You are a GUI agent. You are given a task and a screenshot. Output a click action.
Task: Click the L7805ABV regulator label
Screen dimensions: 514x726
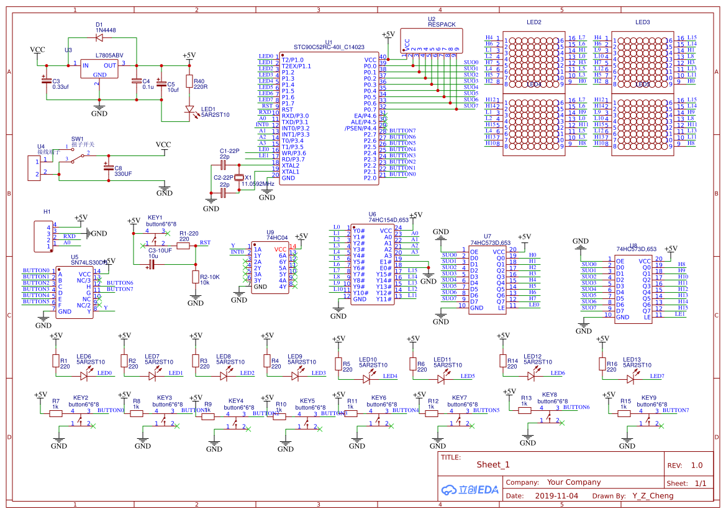pos(109,55)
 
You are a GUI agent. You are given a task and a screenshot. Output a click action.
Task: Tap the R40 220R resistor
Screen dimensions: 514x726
pos(190,83)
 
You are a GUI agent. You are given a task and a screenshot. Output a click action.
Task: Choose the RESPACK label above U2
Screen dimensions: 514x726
pos(442,25)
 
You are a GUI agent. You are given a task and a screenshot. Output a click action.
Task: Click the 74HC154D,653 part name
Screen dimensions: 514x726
pos(388,219)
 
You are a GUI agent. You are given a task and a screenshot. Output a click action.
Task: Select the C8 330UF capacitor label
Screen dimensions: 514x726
pos(123,171)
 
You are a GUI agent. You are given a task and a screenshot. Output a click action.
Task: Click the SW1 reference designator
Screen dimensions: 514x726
pos(77,139)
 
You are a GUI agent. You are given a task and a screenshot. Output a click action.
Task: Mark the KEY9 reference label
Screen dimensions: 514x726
pos(648,398)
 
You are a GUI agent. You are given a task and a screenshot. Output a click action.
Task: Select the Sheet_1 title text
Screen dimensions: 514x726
pos(493,464)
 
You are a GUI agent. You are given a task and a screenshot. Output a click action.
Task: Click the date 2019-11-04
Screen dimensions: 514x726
pos(556,496)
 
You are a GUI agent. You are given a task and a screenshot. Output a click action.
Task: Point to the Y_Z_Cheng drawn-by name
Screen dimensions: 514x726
pos(653,496)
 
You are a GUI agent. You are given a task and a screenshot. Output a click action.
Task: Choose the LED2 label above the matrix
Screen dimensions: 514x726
pos(533,22)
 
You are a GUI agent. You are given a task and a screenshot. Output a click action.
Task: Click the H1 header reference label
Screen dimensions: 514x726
pos(47,212)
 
